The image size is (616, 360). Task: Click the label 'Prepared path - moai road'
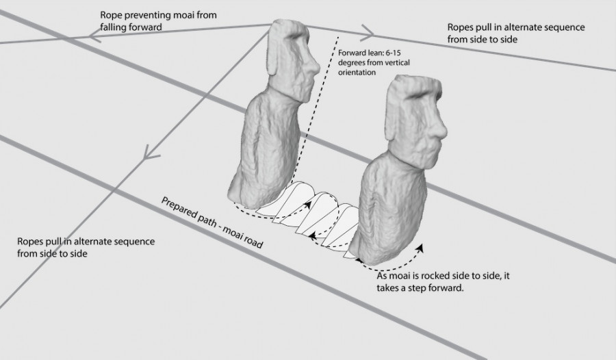(x=212, y=222)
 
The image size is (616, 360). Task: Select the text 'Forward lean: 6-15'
(x=370, y=53)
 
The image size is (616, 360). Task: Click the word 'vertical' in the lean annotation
(x=396, y=62)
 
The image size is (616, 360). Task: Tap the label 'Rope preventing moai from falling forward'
(x=158, y=21)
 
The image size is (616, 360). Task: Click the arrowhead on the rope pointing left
(x=95, y=36)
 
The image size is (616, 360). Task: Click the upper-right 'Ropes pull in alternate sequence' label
(x=516, y=33)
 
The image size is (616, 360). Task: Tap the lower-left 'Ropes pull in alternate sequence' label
(x=86, y=247)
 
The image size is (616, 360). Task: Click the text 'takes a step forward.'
(x=420, y=287)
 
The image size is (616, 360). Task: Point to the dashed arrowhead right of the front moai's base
(x=420, y=248)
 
